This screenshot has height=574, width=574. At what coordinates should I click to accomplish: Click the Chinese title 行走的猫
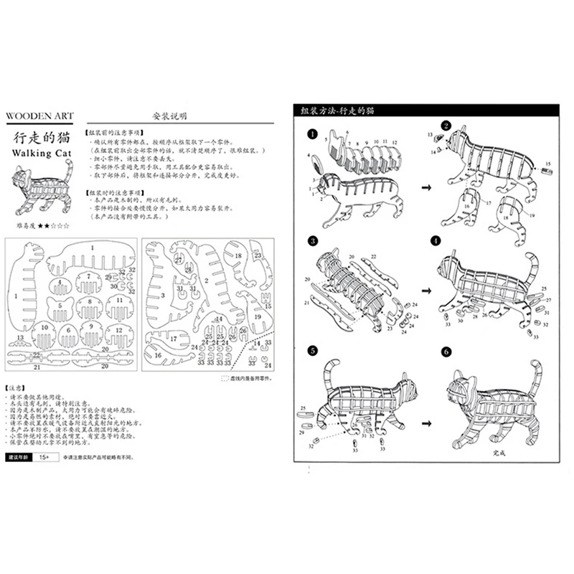coord(43,137)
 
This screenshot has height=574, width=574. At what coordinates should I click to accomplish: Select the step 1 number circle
coord(312,133)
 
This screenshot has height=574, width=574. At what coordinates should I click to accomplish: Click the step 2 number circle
coord(446,127)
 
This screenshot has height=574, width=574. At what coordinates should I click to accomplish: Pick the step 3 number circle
coord(313,240)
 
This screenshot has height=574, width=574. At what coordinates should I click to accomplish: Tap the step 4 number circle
coord(446,240)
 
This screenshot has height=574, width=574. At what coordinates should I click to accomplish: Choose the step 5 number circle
coord(313,351)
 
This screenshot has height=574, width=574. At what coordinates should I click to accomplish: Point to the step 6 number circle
coord(446,352)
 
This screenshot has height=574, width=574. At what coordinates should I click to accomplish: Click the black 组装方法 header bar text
coord(337,111)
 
